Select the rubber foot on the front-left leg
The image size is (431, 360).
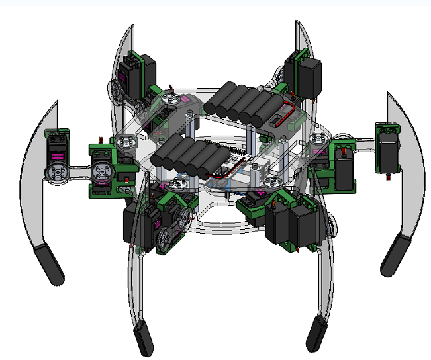[x=142, y=338]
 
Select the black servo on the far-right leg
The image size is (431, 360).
[x=387, y=150]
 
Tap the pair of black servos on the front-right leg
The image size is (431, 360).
[x=291, y=222]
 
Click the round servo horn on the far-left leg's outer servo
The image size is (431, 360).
[x=56, y=173]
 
